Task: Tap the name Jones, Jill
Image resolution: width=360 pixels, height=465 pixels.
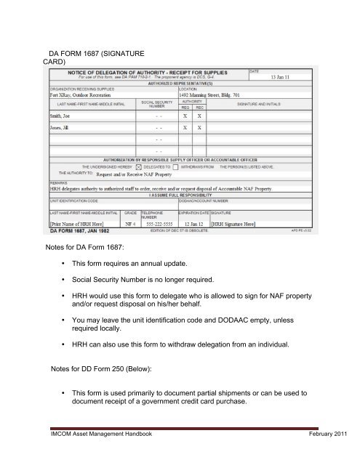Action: click(63, 127)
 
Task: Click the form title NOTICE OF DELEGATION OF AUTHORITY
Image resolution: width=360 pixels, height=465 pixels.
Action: click(145, 72)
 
